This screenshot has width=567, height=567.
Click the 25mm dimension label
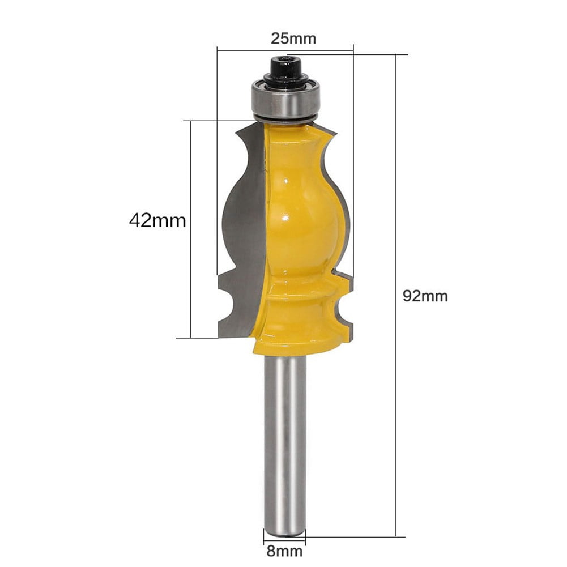[x=293, y=39]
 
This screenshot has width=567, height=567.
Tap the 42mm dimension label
[x=157, y=220]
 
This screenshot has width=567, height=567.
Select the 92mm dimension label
[x=425, y=296]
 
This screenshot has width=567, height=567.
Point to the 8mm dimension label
[x=285, y=551]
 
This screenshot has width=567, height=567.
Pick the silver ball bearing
[x=286, y=100]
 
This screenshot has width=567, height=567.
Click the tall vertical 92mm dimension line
[x=395, y=295]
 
